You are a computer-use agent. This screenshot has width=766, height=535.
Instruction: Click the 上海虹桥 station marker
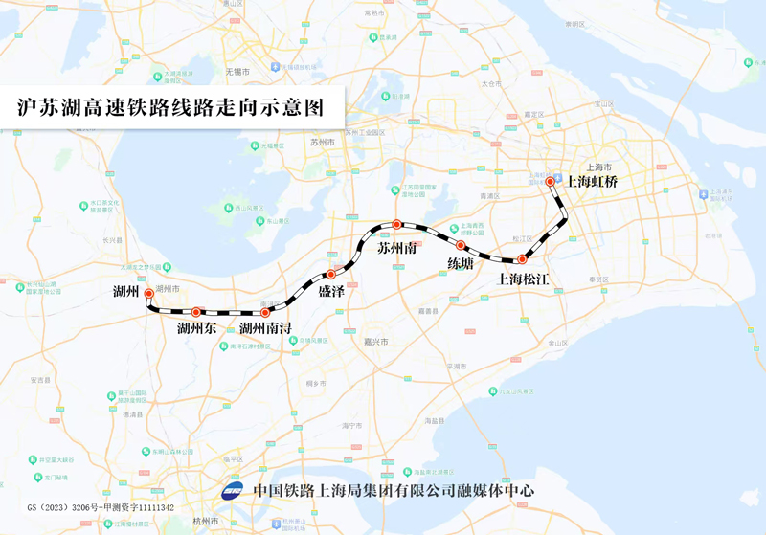[550, 182]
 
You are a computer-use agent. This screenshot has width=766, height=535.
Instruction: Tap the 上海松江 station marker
[522, 259]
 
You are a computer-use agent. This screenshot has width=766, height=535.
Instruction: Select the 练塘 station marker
[461, 246]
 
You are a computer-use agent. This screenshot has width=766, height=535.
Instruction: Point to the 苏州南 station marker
[396, 225]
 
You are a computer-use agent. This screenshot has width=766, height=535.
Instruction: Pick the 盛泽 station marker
[331, 275]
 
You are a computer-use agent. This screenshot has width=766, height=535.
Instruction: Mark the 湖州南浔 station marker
[265, 313]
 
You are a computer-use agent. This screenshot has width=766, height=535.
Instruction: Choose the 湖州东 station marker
[195, 312]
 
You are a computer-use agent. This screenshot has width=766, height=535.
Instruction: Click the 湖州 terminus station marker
[148, 295]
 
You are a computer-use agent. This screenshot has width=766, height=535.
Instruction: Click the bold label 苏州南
[396, 248]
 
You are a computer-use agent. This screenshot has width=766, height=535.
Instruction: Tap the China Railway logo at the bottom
[233, 491]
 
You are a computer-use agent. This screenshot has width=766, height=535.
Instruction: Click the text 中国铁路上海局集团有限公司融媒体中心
[393, 491]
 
